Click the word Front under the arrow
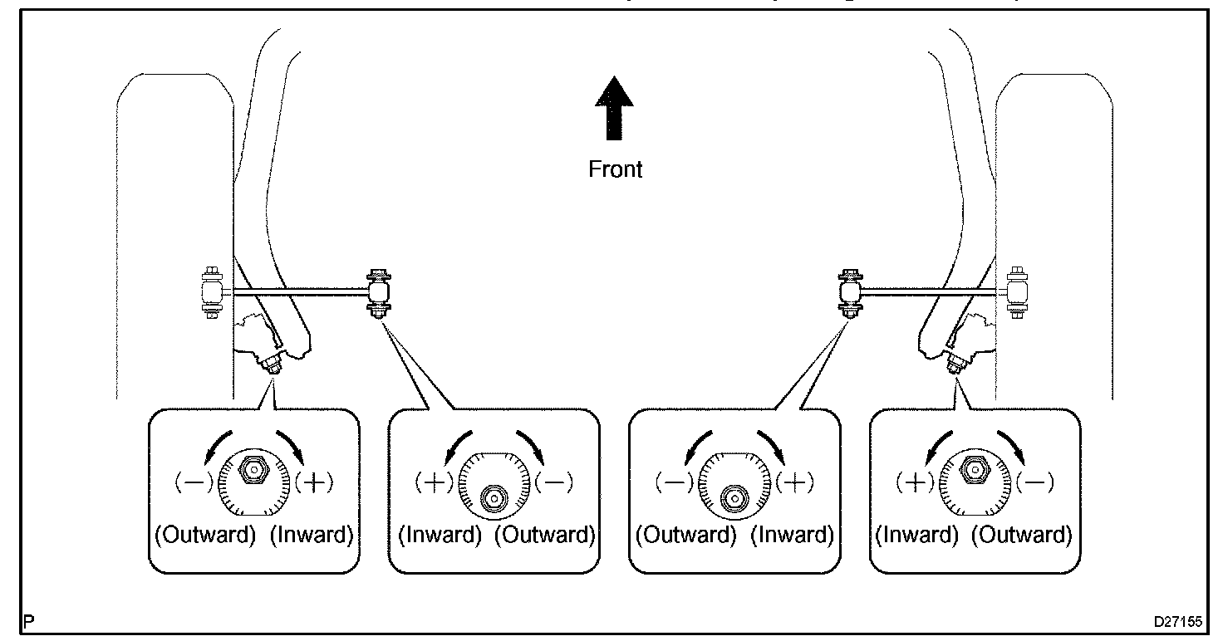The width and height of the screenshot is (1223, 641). (x=615, y=169)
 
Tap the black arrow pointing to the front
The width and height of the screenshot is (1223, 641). (x=614, y=108)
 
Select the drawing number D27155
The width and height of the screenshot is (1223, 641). (x=1177, y=621)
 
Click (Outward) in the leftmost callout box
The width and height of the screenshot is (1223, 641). (x=205, y=535)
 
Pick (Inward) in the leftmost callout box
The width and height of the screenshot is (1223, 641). (x=312, y=535)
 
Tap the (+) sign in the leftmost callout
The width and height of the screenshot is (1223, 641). (x=314, y=482)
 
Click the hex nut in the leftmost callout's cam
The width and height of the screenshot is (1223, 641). (x=253, y=469)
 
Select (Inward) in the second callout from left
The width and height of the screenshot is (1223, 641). (x=440, y=535)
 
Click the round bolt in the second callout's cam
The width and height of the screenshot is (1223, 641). (x=494, y=498)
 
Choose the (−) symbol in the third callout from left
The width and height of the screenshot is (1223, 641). (x=675, y=482)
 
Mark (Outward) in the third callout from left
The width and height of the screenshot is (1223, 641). (x=686, y=535)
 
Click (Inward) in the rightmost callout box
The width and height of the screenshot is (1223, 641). (x=916, y=535)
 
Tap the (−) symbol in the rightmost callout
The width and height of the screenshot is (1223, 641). (x=1035, y=482)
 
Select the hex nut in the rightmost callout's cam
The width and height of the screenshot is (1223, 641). (x=975, y=469)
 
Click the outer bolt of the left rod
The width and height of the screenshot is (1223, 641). (x=212, y=292)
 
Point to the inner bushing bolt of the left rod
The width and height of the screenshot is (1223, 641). (x=379, y=293)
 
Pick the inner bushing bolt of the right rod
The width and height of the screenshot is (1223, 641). (x=850, y=293)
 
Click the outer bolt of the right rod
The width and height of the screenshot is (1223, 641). (x=1017, y=292)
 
